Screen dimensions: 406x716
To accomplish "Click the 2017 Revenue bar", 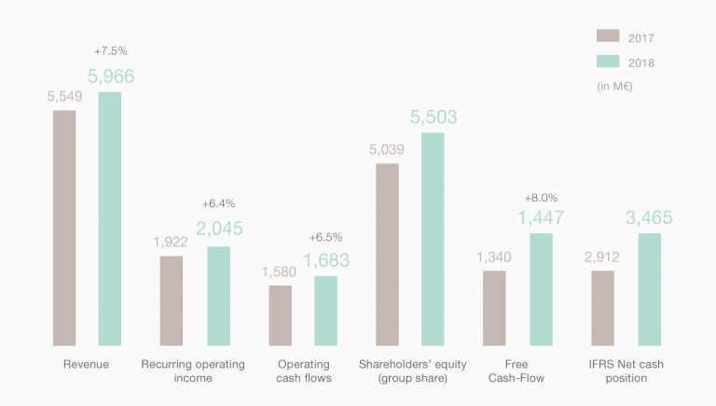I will coord(64,228).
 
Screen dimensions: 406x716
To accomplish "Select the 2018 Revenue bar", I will coord(110,218).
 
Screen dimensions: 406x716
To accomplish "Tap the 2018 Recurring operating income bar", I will coord(218,296).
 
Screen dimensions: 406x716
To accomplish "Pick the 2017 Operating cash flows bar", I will coord(280,315).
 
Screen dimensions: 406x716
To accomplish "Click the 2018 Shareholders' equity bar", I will coord(433,239).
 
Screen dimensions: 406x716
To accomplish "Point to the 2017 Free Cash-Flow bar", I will coord(494,308).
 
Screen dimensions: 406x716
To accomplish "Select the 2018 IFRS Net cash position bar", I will coord(649,289).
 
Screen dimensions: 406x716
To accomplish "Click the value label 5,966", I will coord(111,77).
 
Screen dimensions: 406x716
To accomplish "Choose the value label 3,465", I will coord(649,218).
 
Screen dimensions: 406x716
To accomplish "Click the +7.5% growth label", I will coord(110,50).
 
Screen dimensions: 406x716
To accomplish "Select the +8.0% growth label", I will coord(541,198).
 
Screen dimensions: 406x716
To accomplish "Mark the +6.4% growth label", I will coord(219,203).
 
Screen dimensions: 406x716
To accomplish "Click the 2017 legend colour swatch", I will coord(608,35).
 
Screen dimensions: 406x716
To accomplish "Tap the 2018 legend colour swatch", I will coord(608,62).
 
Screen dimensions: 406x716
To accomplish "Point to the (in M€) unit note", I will coord(616,87).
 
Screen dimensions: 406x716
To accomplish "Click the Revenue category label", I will coord(86,364).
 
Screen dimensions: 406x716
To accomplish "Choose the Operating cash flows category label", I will coord(304,371).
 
